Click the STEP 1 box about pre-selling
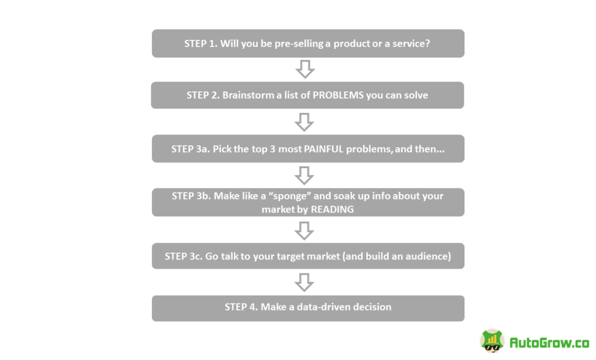tap(308, 44)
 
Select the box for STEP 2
tap(307, 95)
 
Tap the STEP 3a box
tap(308, 149)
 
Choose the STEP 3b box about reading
tap(308, 202)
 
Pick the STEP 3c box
tap(308, 256)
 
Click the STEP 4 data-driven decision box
tap(308, 308)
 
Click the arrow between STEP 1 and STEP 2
tap(305, 69)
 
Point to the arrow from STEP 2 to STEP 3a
tap(304, 122)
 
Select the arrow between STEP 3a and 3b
tap(304, 175)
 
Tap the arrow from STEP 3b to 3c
tap(304, 230)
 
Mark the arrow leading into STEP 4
tap(304, 282)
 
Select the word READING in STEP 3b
tap(332, 209)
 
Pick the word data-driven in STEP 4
tap(315, 307)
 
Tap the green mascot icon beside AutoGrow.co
tap(492, 341)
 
